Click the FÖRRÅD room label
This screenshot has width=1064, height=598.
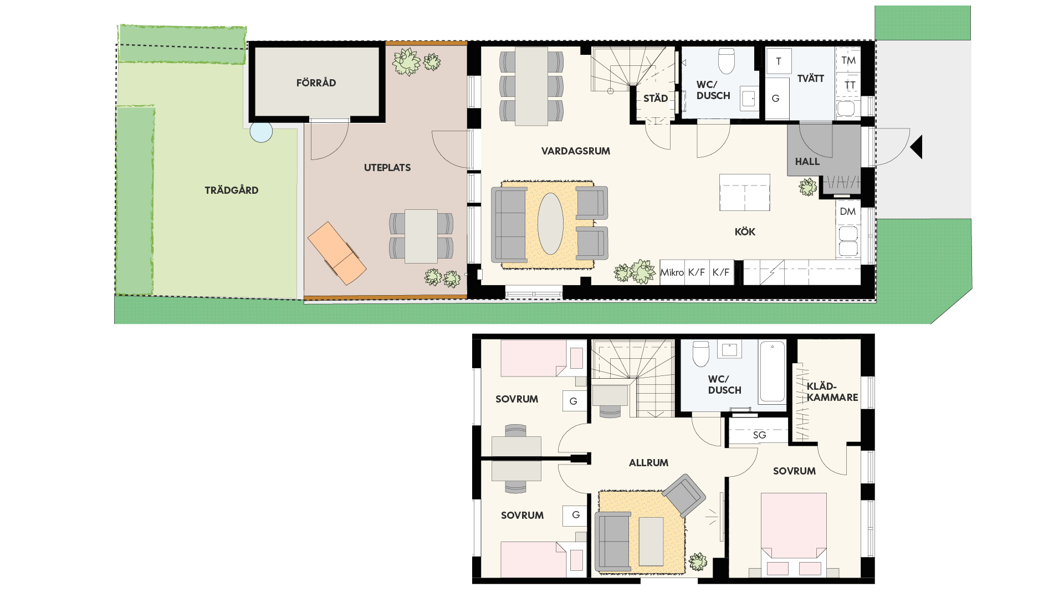316,83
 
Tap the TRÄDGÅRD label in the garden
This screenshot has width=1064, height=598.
232,190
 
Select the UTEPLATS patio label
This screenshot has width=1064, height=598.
387,168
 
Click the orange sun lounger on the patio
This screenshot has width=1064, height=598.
336,253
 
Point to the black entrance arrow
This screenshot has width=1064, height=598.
917,147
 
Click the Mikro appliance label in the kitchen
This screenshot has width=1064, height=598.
672,272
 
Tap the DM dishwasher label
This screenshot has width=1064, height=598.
848,212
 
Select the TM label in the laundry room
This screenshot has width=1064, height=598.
848,60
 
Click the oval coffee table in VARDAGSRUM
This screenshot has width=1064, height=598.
550,223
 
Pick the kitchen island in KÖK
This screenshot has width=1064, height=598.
745,192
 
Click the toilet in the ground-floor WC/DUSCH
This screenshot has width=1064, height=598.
726,60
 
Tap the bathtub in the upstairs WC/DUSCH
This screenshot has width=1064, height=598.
772,372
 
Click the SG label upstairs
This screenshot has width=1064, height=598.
759,435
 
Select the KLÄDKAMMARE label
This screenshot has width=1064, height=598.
832,392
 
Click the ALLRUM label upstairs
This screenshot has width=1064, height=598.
648,463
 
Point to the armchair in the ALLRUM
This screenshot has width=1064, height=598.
684,496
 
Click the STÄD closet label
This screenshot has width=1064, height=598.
656,99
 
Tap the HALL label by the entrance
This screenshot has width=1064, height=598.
807,162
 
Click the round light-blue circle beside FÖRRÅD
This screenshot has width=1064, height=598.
261,132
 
